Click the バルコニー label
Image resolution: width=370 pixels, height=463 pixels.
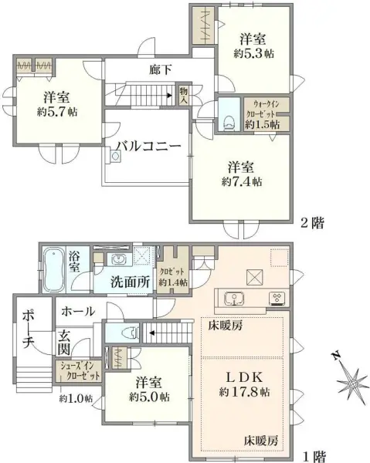coord(149,145)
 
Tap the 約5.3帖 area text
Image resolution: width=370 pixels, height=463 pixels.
coord(255,53)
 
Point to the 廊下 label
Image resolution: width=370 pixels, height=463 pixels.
coord(161,70)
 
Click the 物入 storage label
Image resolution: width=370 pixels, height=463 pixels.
coord(184,95)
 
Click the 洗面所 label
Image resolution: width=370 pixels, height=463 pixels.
coord(129,281)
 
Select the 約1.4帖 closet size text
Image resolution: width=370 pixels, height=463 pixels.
coord(172,282)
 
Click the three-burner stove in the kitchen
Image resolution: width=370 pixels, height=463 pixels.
coord(277,298)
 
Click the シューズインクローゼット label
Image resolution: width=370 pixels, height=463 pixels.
coord(77,371)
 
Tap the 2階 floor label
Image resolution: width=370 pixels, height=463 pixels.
coord(311,223)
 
